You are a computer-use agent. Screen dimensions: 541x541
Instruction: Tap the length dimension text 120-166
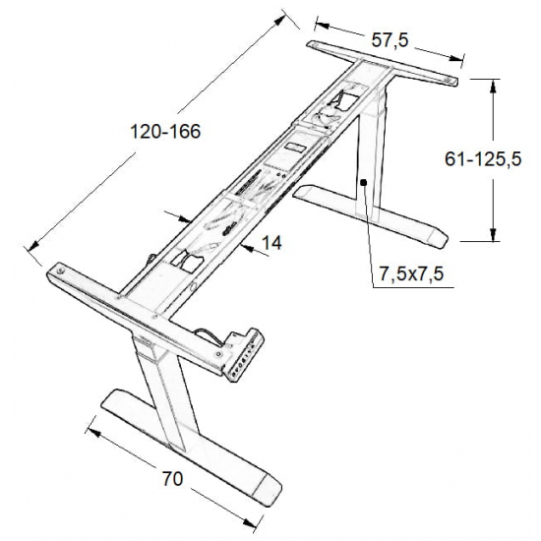[160, 133]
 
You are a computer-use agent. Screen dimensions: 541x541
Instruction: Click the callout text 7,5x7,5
[408, 275]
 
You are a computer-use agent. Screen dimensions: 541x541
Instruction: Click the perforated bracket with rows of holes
[243, 355]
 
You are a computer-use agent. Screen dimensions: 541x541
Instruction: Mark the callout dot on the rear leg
[362, 181]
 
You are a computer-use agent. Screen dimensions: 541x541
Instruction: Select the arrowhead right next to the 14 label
[242, 246]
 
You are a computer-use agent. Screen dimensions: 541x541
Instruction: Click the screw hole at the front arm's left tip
[61, 269]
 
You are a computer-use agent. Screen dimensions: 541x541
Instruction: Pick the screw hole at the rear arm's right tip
[452, 80]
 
